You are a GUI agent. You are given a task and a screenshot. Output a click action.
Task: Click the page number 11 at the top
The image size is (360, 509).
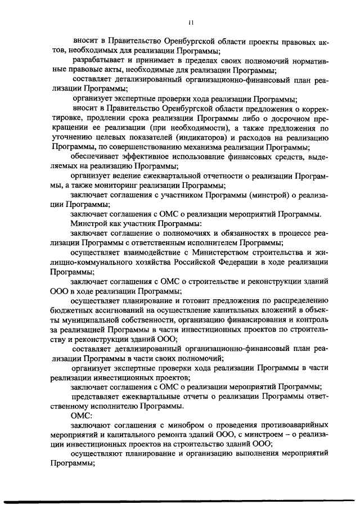191,22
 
